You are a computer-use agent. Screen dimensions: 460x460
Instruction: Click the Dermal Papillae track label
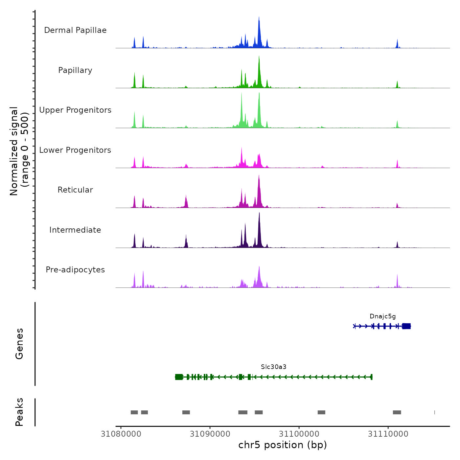(75, 30)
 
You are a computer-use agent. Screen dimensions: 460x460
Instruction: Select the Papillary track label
(75, 70)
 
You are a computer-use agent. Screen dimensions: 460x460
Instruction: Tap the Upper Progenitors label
(75, 110)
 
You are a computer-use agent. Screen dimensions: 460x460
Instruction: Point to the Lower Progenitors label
(75, 150)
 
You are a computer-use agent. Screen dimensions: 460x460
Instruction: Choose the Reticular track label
(75, 190)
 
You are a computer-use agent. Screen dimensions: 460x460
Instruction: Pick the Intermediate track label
(75, 230)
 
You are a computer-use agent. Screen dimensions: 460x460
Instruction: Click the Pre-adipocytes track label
(75, 270)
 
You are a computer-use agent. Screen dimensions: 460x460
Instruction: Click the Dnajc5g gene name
(382, 316)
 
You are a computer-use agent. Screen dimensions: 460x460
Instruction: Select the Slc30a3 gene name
(274, 367)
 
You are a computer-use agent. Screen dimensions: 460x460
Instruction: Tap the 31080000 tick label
(121, 434)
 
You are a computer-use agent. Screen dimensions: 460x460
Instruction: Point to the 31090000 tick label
(210, 434)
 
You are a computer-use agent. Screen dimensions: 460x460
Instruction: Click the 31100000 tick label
(299, 434)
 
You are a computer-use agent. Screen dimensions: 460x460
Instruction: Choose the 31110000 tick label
(388, 434)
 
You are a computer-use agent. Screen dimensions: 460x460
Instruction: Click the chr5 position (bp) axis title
(283, 445)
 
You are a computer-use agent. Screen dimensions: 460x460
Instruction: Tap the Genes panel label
(19, 344)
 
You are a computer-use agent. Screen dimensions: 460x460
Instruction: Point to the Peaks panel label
(19, 412)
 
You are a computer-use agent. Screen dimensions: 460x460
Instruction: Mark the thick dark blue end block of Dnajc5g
(406, 326)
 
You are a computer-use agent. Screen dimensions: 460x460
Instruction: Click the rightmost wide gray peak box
(397, 412)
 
